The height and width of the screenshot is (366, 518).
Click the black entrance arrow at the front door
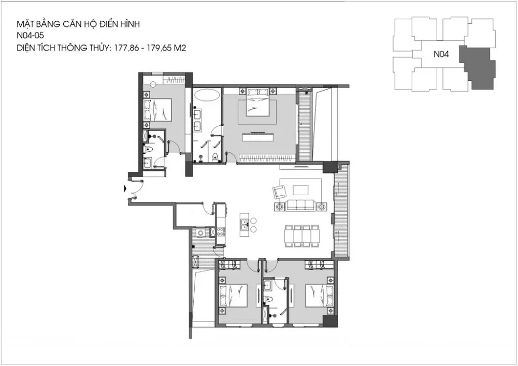pos(124,188)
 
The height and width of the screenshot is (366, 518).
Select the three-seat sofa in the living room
pos(300,205)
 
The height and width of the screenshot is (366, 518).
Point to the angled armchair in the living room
pos(279,192)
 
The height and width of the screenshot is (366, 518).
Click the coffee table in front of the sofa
pos(300,189)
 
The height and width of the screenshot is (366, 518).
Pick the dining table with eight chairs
pos(302,236)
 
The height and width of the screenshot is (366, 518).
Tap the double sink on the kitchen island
pos(244,224)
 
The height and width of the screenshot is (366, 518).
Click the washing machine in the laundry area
pos(200,233)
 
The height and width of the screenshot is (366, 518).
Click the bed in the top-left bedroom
pos(158,110)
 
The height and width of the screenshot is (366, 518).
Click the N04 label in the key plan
pos(441,54)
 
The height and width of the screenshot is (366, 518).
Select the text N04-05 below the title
pos(30,36)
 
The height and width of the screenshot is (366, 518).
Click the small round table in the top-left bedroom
pos(152,84)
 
